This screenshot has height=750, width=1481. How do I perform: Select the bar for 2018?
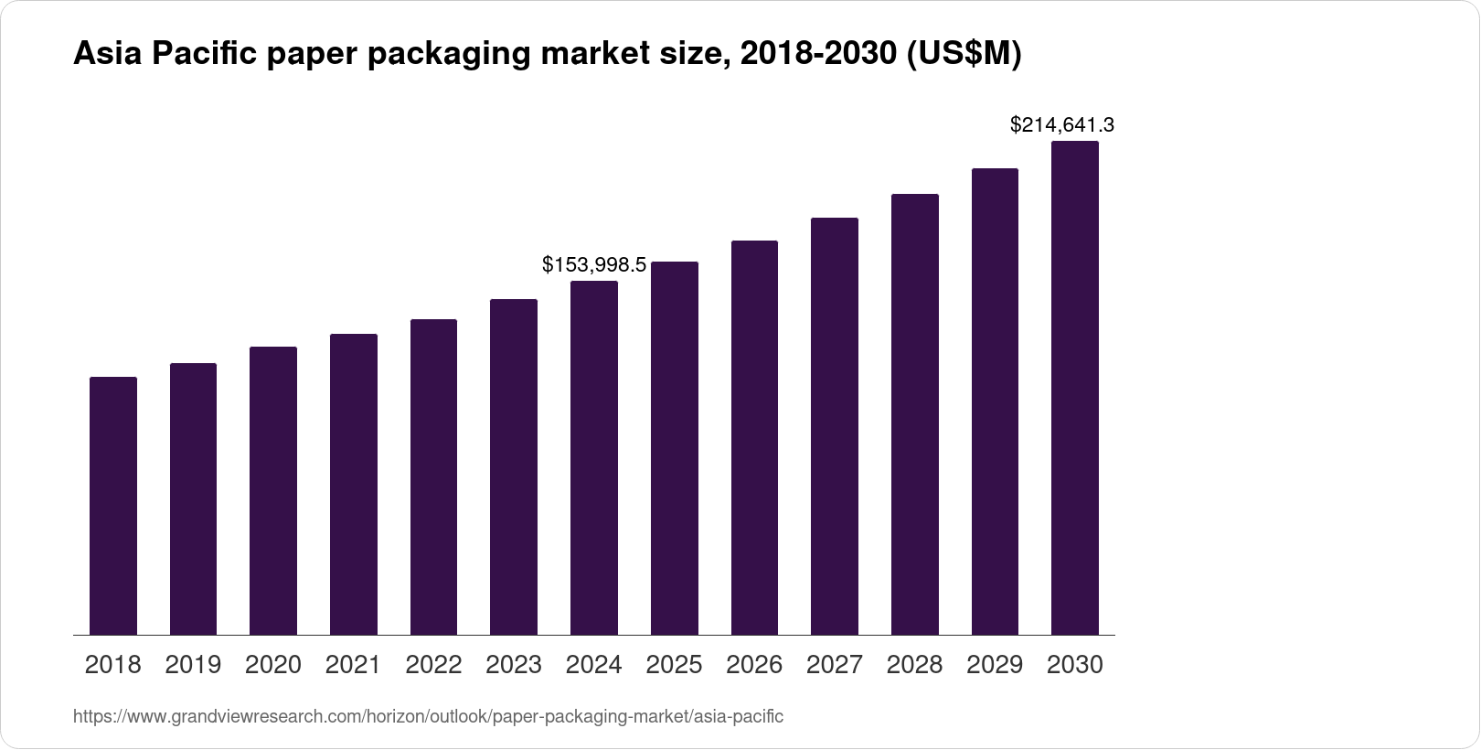113,506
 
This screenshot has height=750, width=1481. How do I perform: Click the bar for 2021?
354,485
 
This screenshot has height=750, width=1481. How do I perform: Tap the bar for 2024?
594,457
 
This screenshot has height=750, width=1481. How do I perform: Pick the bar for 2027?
835,426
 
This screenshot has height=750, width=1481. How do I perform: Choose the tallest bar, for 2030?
1075,388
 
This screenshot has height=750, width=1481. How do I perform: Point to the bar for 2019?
193,499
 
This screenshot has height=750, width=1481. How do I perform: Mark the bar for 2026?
754,438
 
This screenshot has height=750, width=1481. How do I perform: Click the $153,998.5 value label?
594,265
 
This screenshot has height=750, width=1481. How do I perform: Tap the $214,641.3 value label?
1061,125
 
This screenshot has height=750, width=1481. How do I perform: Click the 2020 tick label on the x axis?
273,665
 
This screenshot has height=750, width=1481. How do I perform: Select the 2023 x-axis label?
514,665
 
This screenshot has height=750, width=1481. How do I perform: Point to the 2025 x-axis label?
674,665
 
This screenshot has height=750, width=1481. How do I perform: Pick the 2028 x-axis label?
914,665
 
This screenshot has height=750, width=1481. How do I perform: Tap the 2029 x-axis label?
995,665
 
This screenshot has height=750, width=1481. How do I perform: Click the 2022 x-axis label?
433,665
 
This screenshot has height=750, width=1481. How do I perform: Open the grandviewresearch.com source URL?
428,717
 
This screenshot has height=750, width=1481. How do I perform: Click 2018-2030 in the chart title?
817,55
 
